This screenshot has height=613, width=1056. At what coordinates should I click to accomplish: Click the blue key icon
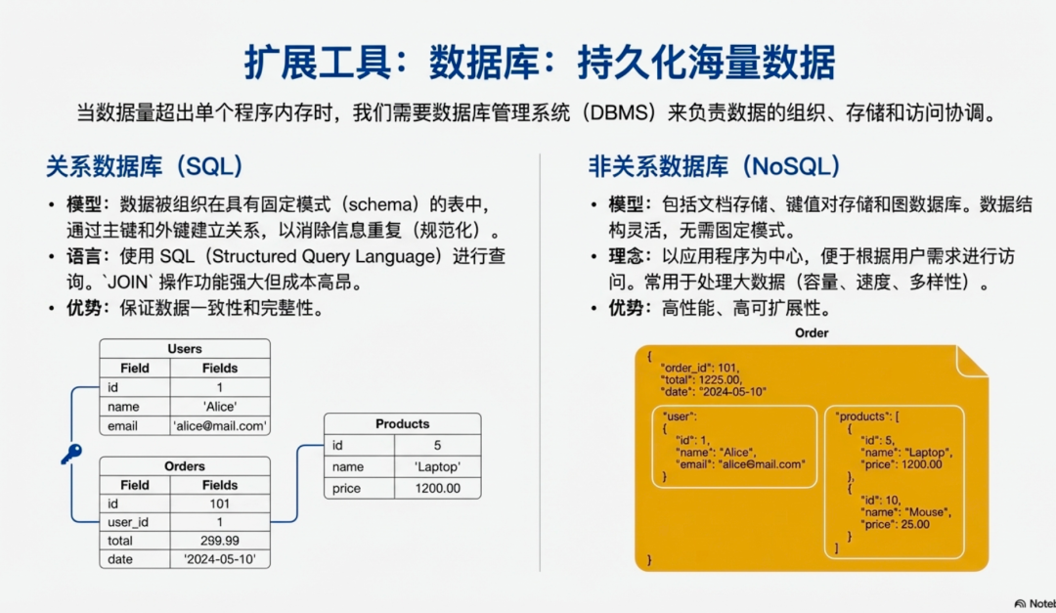(70, 454)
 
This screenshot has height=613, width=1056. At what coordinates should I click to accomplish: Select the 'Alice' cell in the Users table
(220, 407)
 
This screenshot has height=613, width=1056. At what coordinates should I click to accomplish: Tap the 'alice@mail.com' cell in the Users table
(220, 426)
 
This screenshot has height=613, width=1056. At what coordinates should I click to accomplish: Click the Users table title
(184, 349)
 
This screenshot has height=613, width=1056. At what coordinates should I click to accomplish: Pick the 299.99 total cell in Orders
(220, 541)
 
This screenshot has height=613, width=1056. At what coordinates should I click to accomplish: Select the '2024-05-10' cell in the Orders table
(220, 560)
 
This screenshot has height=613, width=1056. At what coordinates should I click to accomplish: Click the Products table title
(402, 424)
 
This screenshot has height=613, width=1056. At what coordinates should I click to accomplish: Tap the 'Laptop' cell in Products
(437, 467)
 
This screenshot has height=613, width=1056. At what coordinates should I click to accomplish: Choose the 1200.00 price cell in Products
(437, 488)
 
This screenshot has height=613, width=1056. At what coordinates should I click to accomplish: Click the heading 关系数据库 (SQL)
(144, 166)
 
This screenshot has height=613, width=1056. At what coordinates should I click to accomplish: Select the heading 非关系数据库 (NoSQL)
(715, 166)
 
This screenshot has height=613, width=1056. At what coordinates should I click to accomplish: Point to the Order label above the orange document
(812, 333)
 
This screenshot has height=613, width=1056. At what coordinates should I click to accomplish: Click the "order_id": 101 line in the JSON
(699, 369)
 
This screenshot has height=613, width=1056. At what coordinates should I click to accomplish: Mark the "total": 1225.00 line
(701, 380)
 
